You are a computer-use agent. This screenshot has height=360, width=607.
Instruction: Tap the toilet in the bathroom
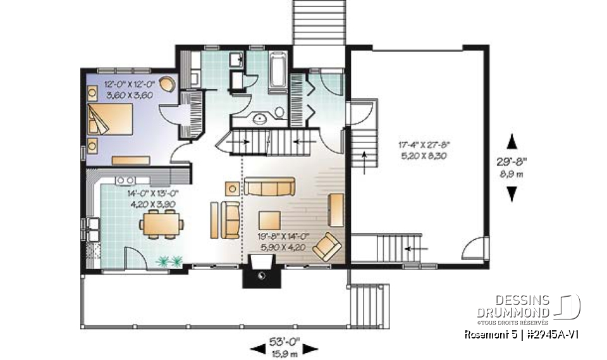pos(279,113)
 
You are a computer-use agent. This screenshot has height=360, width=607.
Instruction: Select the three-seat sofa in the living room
pos(270,186)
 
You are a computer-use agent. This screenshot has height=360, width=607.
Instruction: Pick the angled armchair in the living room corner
pos(327,245)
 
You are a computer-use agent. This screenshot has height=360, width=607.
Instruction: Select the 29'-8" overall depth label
pos(512,168)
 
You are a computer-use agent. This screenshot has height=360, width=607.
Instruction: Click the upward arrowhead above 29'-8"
pos(512,140)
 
